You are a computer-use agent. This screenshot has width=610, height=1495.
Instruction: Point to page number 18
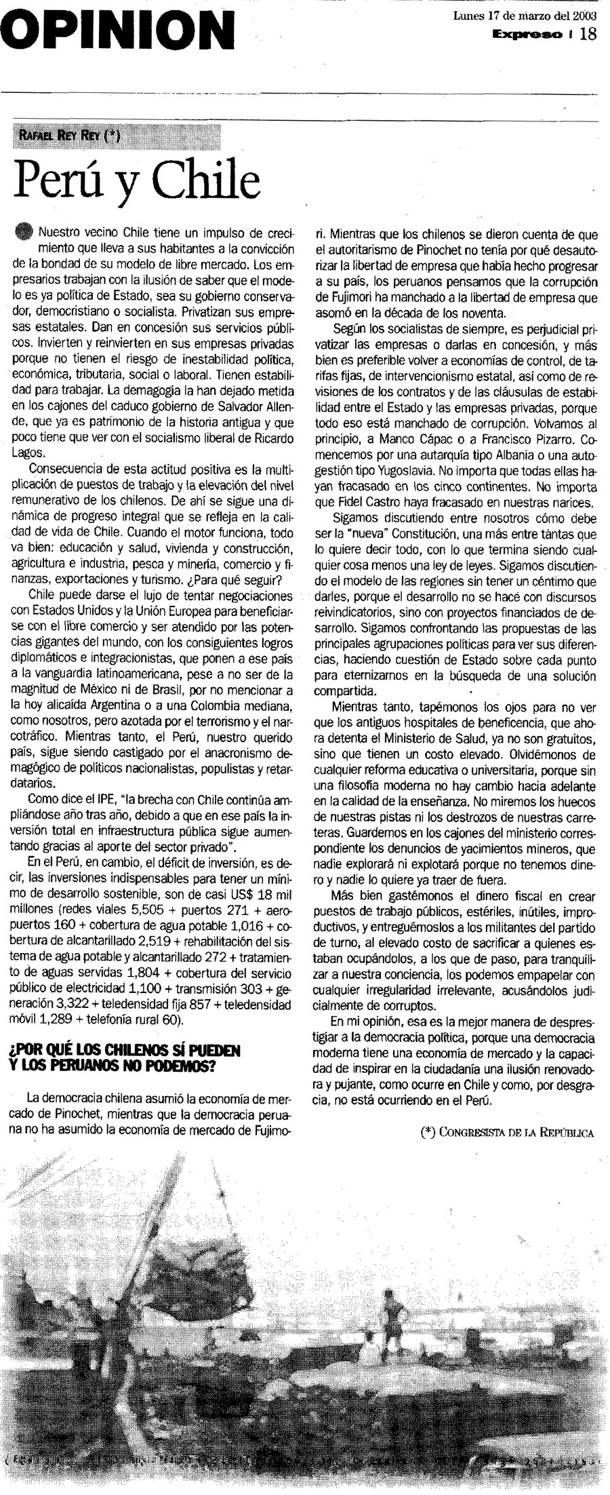(x=588, y=33)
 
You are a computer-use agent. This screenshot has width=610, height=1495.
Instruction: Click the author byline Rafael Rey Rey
(x=70, y=135)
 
